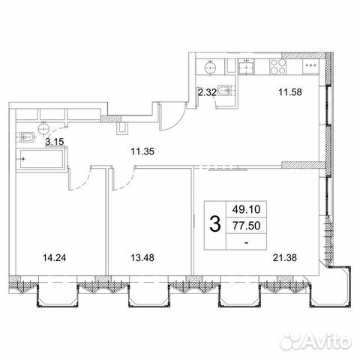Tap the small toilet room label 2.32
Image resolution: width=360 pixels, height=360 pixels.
206,92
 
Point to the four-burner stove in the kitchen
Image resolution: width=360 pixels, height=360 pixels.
277,67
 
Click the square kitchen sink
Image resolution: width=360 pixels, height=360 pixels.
248,67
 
